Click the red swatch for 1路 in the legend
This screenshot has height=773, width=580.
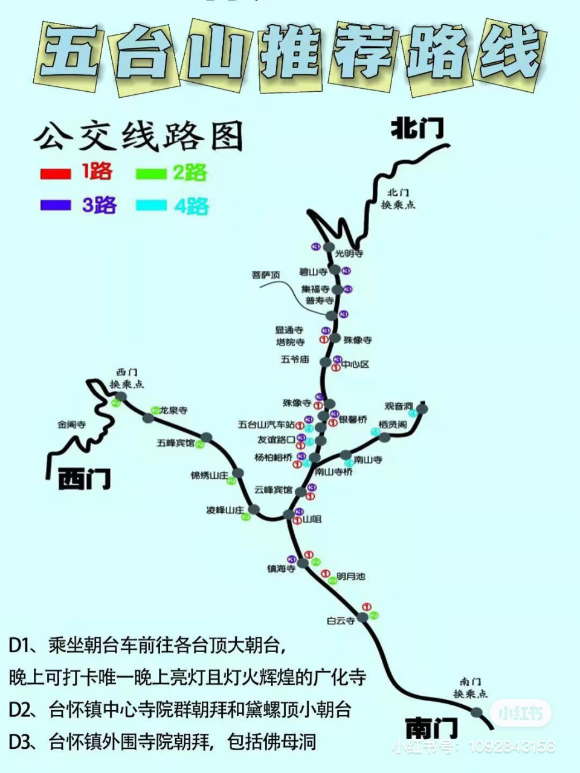click(56, 173)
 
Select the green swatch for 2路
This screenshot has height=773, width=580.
click(151, 174)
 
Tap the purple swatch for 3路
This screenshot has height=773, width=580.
click(56, 205)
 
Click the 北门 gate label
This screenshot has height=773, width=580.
click(417, 129)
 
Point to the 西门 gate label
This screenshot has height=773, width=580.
click(85, 480)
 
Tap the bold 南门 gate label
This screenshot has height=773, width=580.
click(431, 728)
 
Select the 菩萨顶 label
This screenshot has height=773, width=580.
click(266, 275)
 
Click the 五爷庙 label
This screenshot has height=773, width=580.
click(295, 359)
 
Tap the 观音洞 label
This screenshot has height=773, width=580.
click(398, 406)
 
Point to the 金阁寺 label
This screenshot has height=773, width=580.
click(72, 425)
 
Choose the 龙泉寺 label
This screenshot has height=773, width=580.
click(173, 411)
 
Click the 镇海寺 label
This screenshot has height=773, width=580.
click(281, 569)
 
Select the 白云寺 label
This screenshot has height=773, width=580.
click(341, 621)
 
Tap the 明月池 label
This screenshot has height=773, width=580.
click(351, 577)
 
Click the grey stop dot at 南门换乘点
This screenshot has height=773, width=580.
click(477, 712)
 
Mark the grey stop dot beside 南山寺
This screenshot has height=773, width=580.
click(346, 455)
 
